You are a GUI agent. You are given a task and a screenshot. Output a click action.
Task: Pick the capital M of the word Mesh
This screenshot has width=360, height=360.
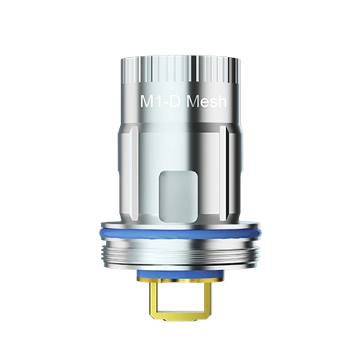point(193,104)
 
